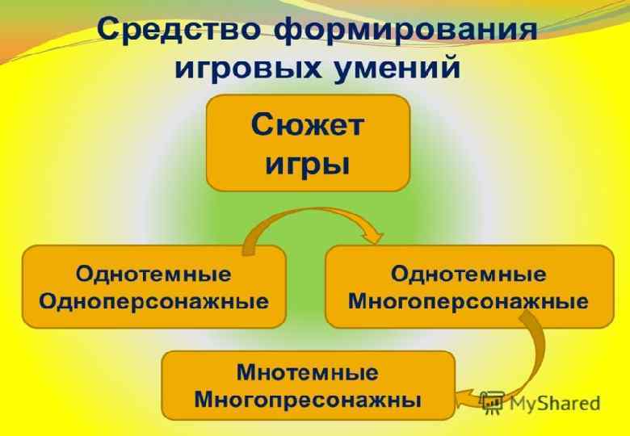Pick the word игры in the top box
pyautogui.click(x=308, y=164)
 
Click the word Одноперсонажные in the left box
pyautogui.click(x=153, y=302)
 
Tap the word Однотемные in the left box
pyautogui.click(x=153, y=274)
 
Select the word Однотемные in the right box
pyautogui.click(x=468, y=274)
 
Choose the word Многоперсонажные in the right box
pyautogui.click(x=468, y=302)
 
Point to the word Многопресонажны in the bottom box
pyautogui.click(x=308, y=400)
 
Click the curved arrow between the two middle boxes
pyautogui.click(x=307, y=216)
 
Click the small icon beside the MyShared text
pyautogui.click(x=492, y=401)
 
